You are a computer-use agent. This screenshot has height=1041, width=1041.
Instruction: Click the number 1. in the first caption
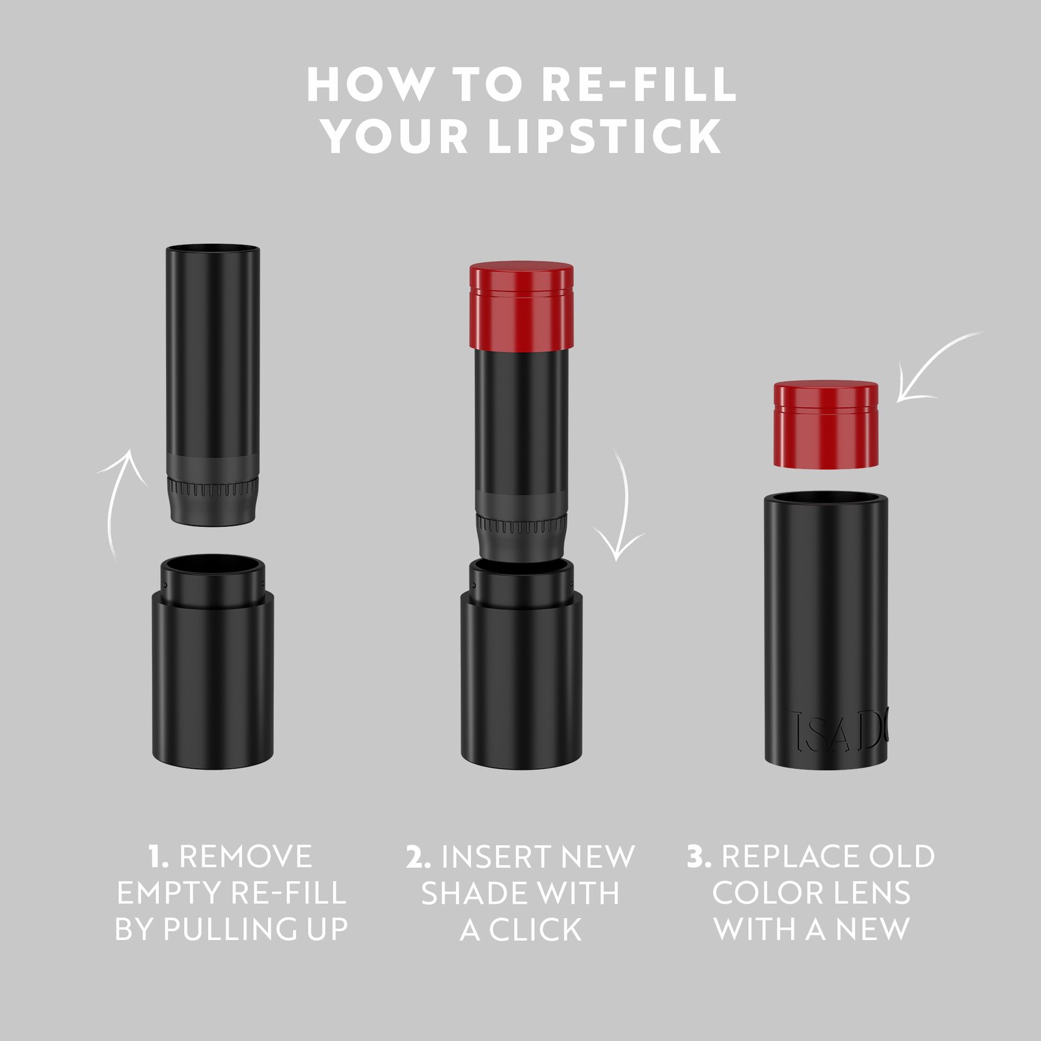pos(158,857)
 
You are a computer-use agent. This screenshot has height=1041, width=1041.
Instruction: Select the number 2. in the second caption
pos(418,857)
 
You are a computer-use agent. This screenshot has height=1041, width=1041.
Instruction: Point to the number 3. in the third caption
pos(699,857)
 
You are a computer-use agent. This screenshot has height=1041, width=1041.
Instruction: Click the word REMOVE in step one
pos(246,857)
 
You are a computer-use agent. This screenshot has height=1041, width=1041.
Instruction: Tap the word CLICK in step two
pos(535,930)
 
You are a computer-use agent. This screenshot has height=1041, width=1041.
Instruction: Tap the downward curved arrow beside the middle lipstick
pos(622,507)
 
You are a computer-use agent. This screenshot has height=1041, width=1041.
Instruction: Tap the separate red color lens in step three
pos(826,424)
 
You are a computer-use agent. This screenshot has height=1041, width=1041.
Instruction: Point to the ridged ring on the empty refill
pos(213,487)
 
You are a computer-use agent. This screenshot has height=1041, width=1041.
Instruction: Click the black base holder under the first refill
pos(213,677)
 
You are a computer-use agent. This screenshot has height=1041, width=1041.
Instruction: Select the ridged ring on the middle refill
pos(521,524)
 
